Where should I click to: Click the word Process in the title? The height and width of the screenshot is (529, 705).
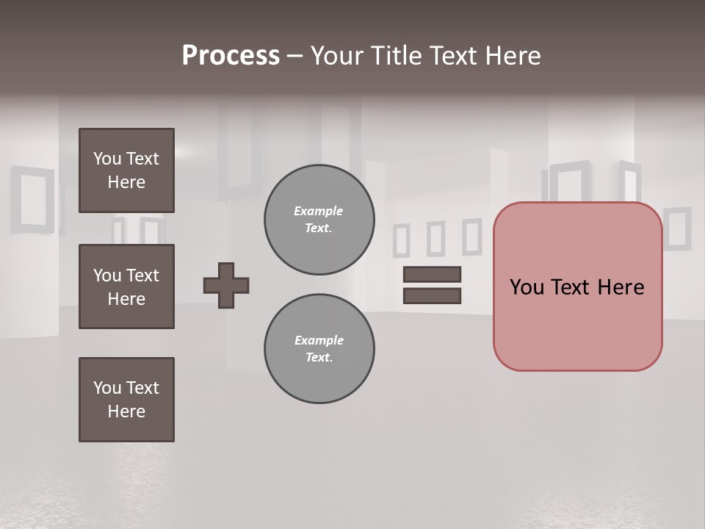(231, 56)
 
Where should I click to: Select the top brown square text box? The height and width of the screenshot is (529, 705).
(126, 170)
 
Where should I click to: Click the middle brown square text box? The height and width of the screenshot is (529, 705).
(126, 287)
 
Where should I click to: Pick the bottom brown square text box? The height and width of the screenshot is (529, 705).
(126, 400)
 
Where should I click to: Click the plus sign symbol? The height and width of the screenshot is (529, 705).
(226, 285)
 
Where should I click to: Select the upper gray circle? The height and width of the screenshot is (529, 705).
(319, 220)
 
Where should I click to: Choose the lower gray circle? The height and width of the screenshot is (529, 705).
(319, 349)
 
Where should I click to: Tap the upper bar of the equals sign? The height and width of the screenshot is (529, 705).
(432, 275)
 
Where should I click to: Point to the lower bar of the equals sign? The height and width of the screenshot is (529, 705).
(432, 296)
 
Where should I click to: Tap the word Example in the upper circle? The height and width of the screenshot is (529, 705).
(318, 212)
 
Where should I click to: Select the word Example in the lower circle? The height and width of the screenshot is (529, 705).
(319, 341)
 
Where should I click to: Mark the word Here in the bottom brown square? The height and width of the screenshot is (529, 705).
(126, 411)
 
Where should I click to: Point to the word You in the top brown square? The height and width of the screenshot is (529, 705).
(106, 159)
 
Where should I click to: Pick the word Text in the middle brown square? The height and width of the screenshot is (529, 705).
(142, 276)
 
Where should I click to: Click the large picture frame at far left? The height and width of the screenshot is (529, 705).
(32, 200)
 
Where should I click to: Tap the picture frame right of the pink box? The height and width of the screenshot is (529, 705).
(677, 228)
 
